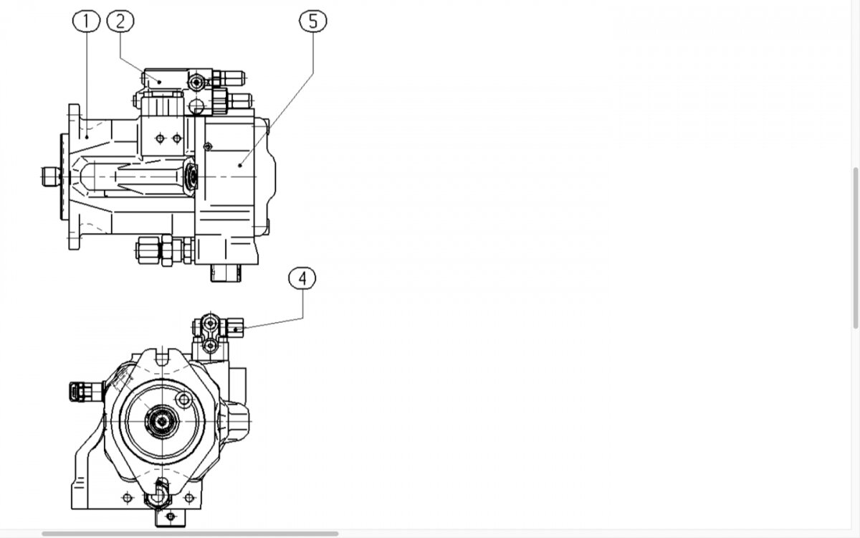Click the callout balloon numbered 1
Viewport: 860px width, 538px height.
[x=87, y=21]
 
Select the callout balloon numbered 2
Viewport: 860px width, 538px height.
[x=120, y=21]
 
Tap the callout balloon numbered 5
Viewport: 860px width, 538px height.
[x=313, y=21]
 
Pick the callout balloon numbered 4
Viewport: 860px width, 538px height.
[x=302, y=278]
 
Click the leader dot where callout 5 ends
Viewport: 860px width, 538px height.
[x=240, y=166]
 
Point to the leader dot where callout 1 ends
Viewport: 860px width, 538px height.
[x=87, y=137]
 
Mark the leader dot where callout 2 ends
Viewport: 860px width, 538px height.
[x=159, y=82]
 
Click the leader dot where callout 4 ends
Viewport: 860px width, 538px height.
[x=235, y=329]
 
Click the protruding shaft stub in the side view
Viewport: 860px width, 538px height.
[x=51, y=176]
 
